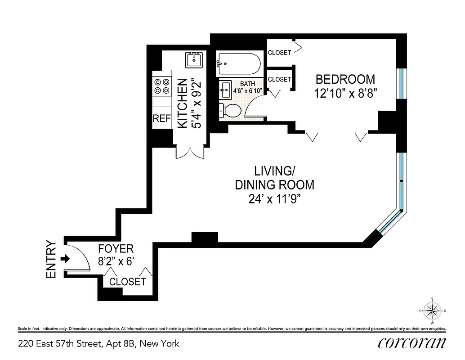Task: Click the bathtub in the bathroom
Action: (238, 65)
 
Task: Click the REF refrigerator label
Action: (162, 119)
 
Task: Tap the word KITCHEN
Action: (182, 104)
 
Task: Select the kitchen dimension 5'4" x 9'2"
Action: (196, 104)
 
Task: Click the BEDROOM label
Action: (345, 80)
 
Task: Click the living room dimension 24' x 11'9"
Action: (274, 199)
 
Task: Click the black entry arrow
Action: (65, 259)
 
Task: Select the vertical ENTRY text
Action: (51, 260)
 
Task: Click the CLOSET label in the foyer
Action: (128, 282)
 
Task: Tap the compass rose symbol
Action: (432, 310)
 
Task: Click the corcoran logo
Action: (412, 343)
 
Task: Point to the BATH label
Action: (247, 84)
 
